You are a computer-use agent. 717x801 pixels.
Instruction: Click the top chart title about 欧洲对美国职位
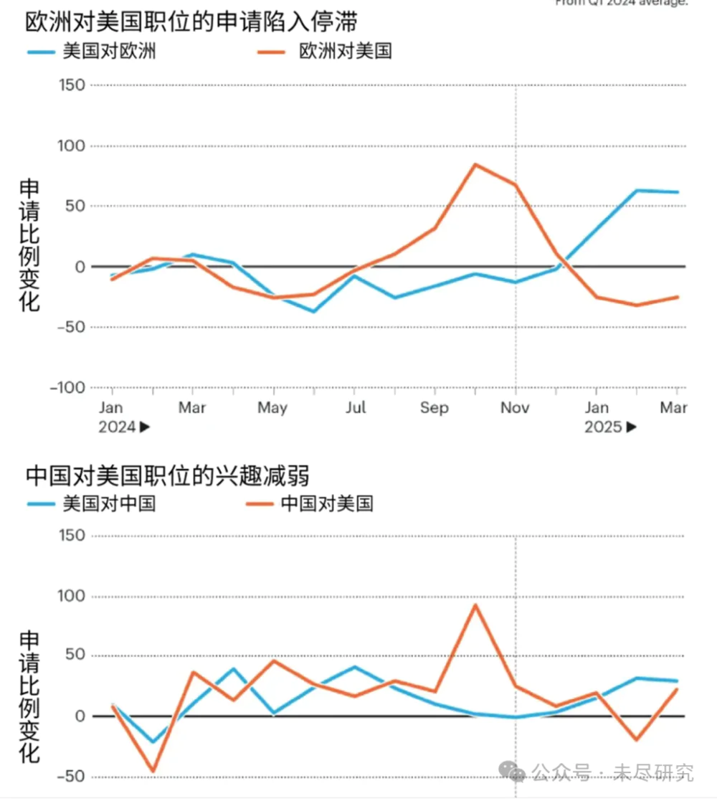click(x=191, y=22)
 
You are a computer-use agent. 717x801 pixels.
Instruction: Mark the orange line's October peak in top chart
click(x=475, y=164)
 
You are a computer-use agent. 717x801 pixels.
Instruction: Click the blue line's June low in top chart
click(x=313, y=311)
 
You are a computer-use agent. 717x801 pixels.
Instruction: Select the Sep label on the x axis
click(x=435, y=408)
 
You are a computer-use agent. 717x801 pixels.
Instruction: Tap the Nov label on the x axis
click(x=515, y=408)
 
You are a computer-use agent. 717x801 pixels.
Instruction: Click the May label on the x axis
click(x=272, y=408)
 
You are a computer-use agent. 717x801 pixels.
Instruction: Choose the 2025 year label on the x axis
click(x=603, y=427)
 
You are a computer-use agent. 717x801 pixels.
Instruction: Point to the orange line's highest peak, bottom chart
click(x=475, y=605)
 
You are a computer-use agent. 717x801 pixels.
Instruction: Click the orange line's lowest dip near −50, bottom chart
click(x=152, y=772)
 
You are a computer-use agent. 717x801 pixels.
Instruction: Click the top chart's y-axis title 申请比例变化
click(x=29, y=245)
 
